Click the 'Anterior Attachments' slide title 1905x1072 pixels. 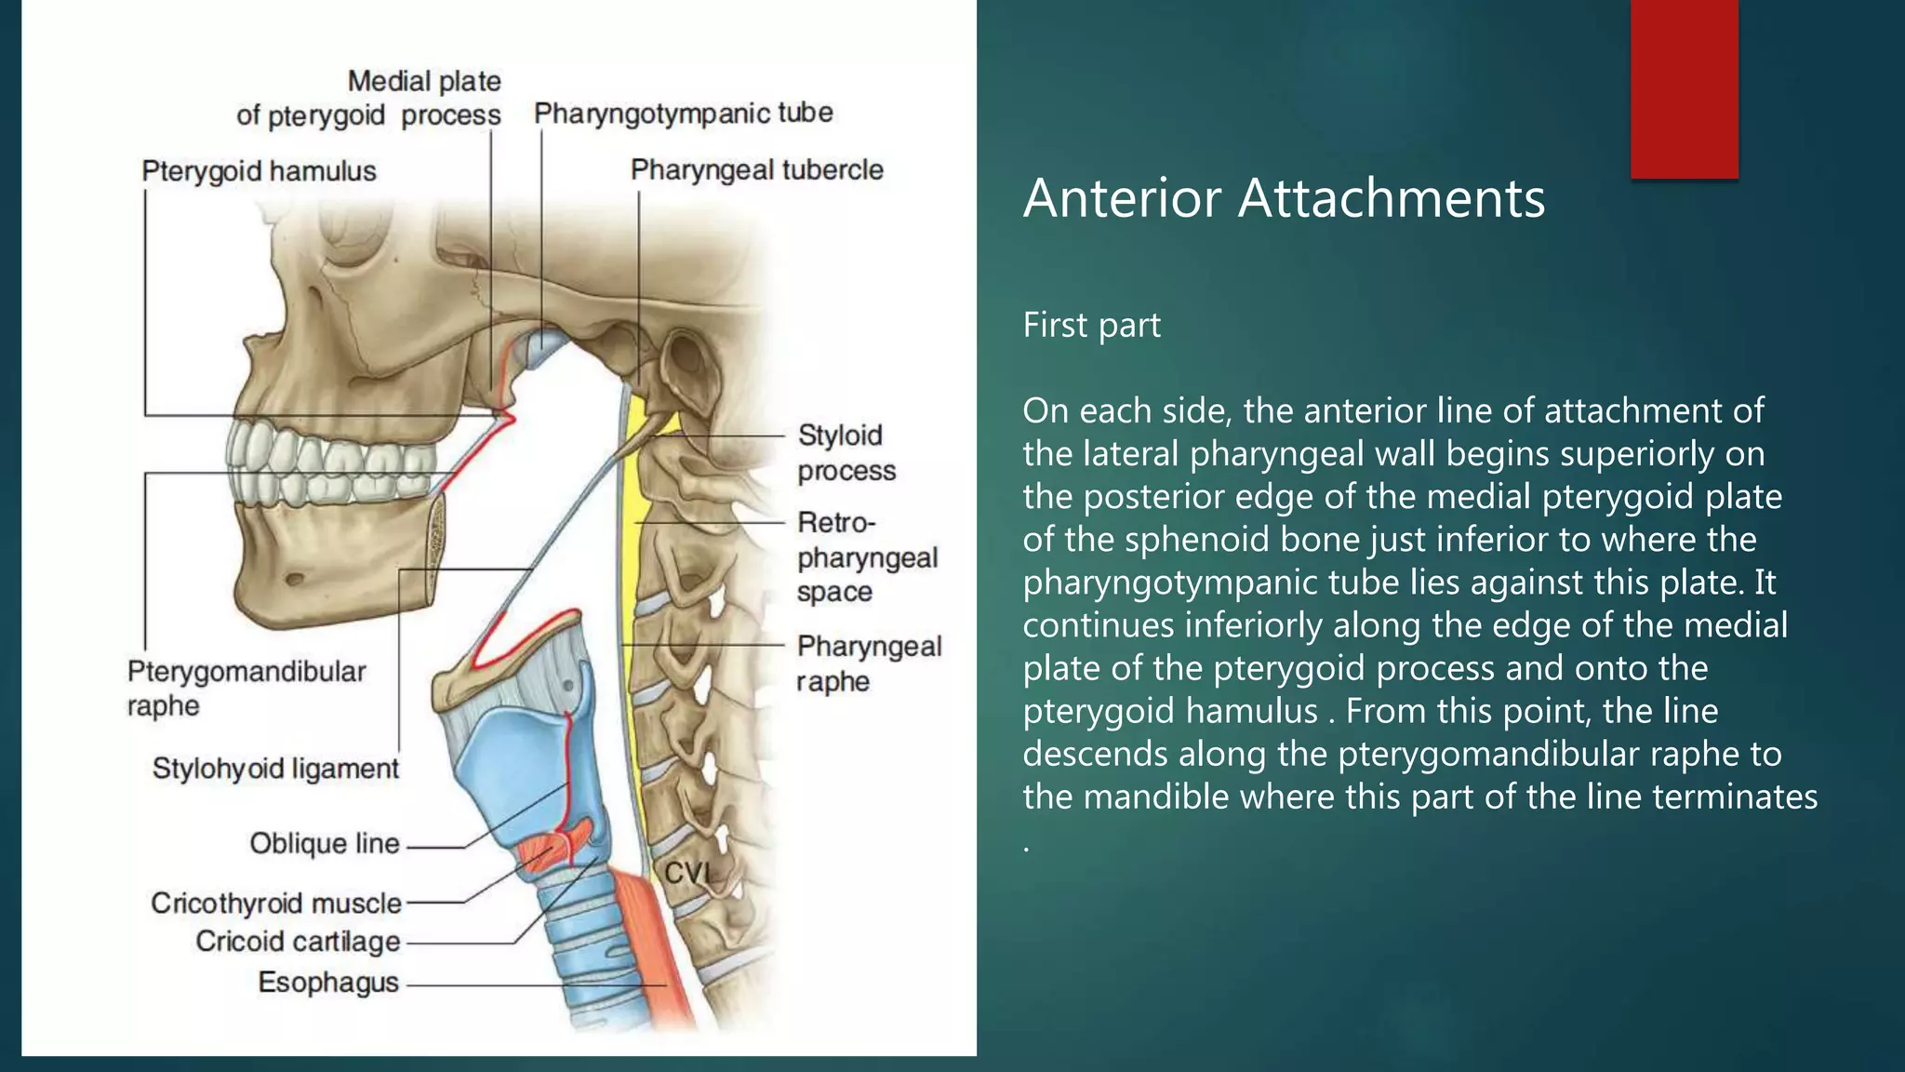pos(1284,198)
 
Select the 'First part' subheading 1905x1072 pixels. pos(1091,325)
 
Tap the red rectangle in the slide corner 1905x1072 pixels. pos(1684,88)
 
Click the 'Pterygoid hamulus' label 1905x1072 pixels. pos(259,171)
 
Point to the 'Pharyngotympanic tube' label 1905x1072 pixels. pos(683,114)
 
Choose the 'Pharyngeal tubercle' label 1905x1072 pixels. pos(756,170)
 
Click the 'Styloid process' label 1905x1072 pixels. pos(846,452)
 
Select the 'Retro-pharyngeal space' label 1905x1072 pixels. pos(865,556)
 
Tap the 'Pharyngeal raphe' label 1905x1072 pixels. pos(868,663)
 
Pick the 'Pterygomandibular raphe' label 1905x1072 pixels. pos(246,688)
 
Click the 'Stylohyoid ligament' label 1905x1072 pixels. pos(275,769)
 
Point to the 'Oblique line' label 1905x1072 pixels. pos(324,844)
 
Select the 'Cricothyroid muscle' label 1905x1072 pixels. pos(275,903)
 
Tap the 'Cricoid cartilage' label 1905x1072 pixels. pos(298,942)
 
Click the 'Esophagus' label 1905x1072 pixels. pos(327,983)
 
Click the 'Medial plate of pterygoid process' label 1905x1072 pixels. pos(368,98)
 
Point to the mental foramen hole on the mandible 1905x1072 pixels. pos(295,579)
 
